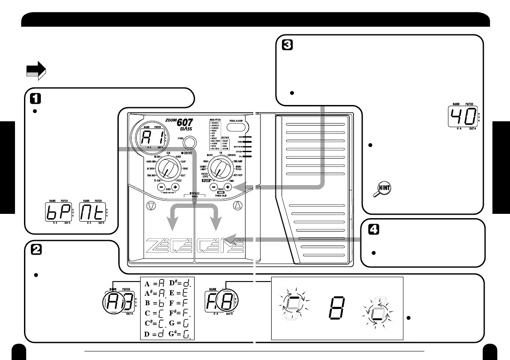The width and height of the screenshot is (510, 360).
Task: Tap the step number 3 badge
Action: (x=287, y=45)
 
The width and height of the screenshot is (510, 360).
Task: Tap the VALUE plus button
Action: (x=228, y=187)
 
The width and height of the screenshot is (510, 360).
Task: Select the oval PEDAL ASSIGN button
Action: (x=236, y=127)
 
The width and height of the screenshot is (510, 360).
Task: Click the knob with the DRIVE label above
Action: (x=168, y=168)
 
